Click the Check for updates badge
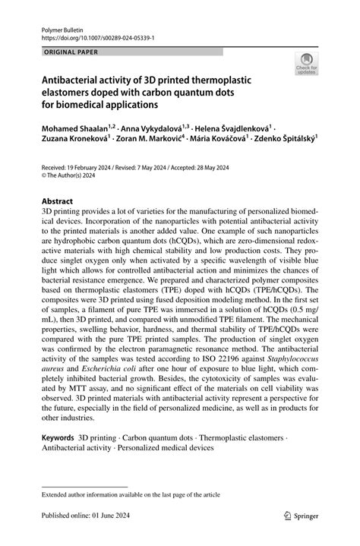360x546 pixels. (306, 65)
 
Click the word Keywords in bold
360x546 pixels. (58, 438)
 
